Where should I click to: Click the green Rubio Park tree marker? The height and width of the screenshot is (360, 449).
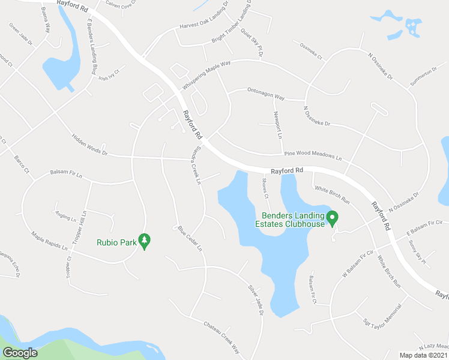point(144,241)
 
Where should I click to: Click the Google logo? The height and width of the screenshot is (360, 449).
point(19,353)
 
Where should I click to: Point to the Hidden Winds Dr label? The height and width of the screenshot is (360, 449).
point(89,145)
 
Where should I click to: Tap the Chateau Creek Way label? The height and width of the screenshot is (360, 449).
point(221,338)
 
